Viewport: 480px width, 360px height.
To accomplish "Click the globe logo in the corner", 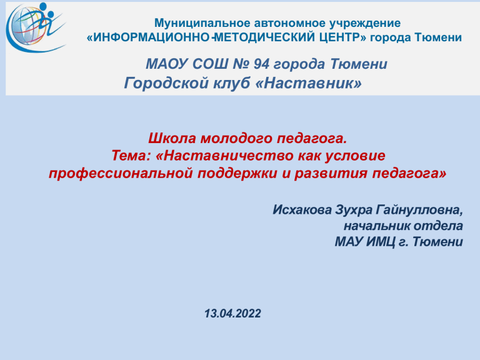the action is pyautogui.click(x=36, y=27).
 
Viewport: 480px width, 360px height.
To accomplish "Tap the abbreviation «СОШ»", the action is pyautogui.click(x=210, y=64).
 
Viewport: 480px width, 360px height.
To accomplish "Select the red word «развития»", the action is pyautogui.click(x=331, y=173).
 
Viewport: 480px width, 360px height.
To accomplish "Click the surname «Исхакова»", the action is pyautogui.click(x=302, y=210).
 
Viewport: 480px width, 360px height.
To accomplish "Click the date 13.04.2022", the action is pyautogui.click(x=232, y=314).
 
